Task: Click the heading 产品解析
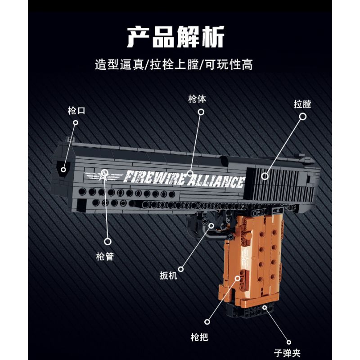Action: point(175,37)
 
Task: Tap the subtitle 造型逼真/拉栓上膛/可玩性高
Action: point(174,64)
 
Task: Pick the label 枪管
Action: point(105,257)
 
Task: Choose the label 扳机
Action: point(169,274)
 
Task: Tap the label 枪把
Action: point(199,337)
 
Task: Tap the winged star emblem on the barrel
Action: point(103,175)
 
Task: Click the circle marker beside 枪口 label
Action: point(76,122)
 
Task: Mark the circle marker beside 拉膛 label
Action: point(303,117)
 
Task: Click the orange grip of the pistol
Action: point(252,261)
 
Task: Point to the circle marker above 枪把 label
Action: point(207,321)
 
